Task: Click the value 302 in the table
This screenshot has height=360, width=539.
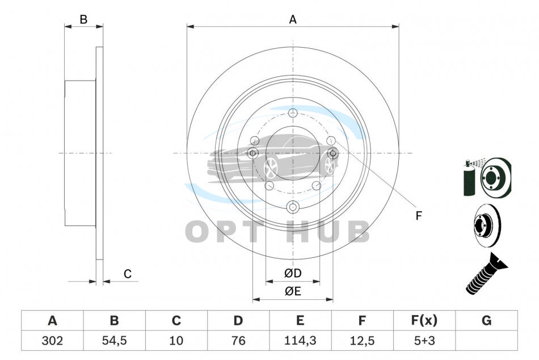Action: pyautogui.click(x=52, y=340)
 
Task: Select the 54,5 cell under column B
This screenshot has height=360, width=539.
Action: pyautogui.click(x=115, y=340)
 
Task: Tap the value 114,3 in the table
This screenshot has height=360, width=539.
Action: pyautogui.click(x=300, y=340)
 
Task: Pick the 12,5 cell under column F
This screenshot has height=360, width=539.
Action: pyautogui.click(x=362, y=340)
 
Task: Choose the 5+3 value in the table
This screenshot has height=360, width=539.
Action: pyautogui.click(x=424, y=340)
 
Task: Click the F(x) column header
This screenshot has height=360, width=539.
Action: pyautogui.click(x=424, y=320)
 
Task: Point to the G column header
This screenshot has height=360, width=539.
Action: pyautogui.click(x=486, y=320)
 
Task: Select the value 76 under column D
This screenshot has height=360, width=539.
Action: pyautogui.click(x=238, y=340)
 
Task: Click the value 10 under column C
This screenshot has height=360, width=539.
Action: pyautogui.click(x=176, y=340)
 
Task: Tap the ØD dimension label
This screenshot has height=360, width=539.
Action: pyautogui.click(x=293, y=273)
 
